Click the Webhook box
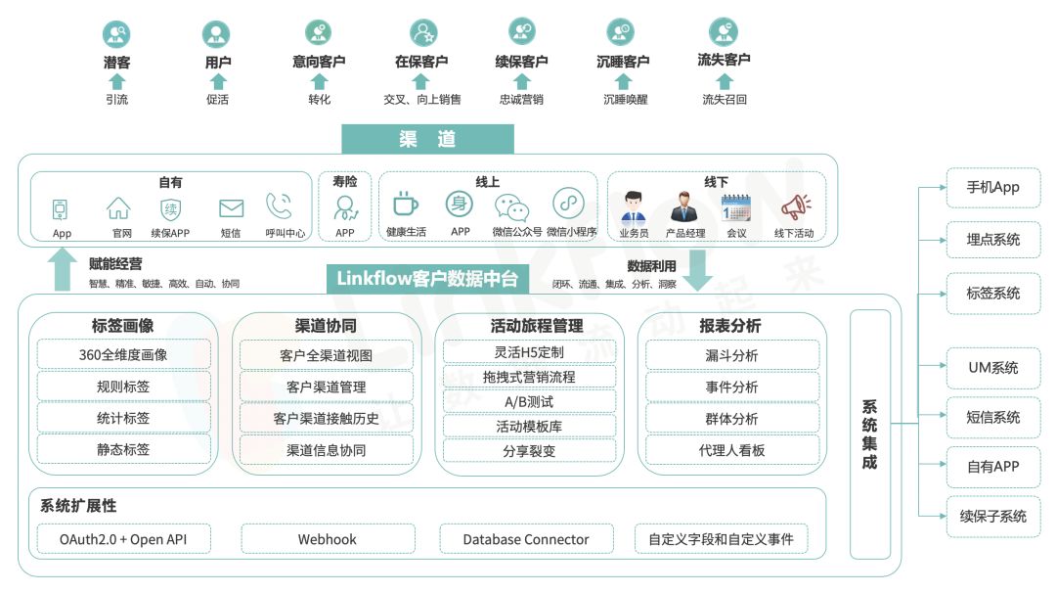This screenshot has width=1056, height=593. (327, 539)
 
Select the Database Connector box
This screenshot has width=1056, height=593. (526, 539)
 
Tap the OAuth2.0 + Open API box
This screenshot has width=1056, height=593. (123, 539)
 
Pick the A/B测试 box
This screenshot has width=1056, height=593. (529, 401)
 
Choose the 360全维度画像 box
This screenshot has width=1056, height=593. (123, 354)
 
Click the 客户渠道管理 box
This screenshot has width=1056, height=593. (327, 387)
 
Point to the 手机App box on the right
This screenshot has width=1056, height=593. (992, 188)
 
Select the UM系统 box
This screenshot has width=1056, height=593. (992, 368)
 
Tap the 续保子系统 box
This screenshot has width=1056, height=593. (992, 516)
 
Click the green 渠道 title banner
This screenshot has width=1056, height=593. (427, 139)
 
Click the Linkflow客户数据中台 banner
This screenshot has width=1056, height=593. (426, 279)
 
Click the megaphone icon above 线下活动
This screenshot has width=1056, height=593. (794, 207)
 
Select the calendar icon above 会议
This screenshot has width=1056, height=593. (735, 207)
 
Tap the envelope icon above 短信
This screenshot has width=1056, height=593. (231, 207)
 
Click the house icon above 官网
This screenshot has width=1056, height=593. (118, 207)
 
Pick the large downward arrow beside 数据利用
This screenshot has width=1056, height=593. (697, 270)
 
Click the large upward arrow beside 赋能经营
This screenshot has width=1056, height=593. (63, 270)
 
